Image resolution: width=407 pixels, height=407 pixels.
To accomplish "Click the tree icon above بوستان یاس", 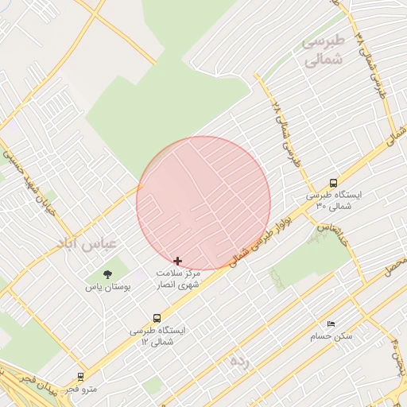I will [x=107, y=274].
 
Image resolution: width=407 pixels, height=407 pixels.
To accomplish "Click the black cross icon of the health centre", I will [x=177, y=261].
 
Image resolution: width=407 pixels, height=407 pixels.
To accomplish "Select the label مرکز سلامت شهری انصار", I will [x=177, y=278].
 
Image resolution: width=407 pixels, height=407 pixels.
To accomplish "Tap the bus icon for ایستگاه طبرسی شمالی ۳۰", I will [x=334, y=182].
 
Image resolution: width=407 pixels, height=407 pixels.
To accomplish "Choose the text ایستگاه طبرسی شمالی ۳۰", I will [x=334, y=200].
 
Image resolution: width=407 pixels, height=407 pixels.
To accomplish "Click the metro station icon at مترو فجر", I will [x=80, y=377].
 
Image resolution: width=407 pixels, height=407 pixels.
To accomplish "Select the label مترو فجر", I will [x=80, y=389].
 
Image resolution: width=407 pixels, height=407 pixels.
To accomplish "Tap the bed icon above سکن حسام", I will [x=331, y=324].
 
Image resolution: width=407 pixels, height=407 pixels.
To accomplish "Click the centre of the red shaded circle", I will [x=203, y=203].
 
